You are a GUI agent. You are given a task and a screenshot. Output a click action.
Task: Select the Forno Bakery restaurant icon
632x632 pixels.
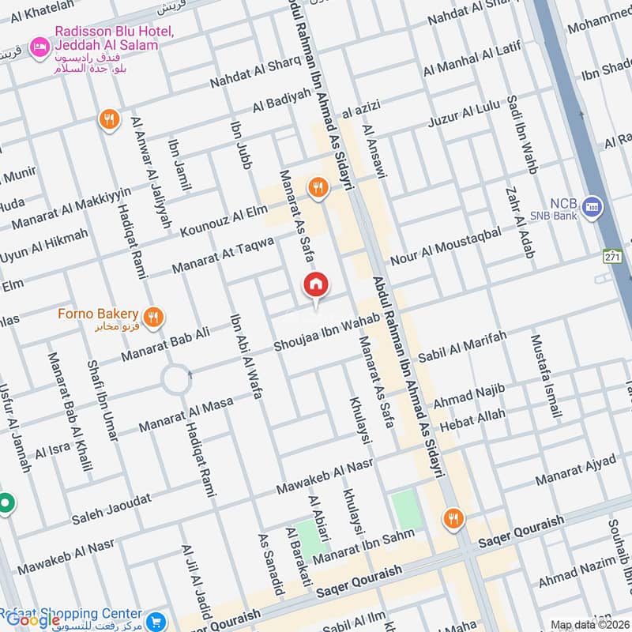[155, 318]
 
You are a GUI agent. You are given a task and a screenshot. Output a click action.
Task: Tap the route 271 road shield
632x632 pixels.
[612, 257]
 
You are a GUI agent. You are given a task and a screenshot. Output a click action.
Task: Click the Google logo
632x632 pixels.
[33, 620]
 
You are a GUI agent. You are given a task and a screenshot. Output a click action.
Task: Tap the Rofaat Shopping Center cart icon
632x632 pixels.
[156, 619]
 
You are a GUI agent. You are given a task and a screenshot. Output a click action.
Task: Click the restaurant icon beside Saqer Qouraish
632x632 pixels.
[453, 518]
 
